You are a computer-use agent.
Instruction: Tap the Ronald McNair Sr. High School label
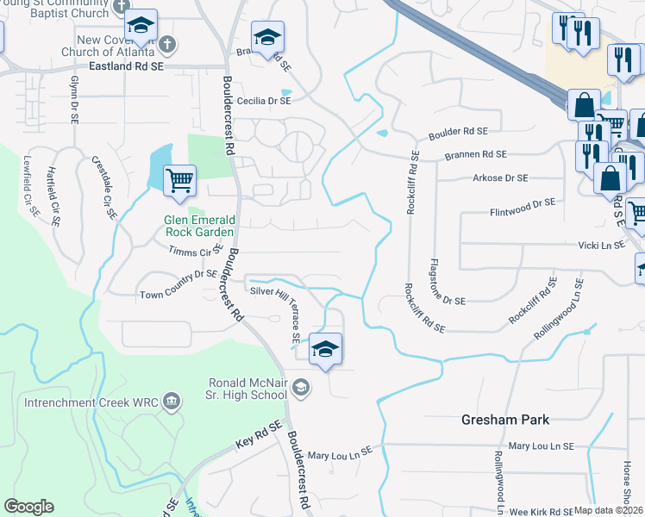pos(247,389)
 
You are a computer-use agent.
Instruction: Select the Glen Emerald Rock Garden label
pos(199,226)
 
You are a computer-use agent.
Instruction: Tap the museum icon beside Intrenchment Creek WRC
pos(172,401)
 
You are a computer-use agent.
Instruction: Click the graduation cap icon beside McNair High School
pos(300,388)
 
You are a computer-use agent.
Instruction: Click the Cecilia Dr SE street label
pos(259,101)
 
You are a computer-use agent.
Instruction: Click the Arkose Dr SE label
pos(500,178)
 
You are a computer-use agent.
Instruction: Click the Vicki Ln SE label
pos(602,246)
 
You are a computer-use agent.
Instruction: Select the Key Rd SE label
pos(259,437)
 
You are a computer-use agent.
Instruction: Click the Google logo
pos(28,507)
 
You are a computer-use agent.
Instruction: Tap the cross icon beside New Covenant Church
pos(167,42)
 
